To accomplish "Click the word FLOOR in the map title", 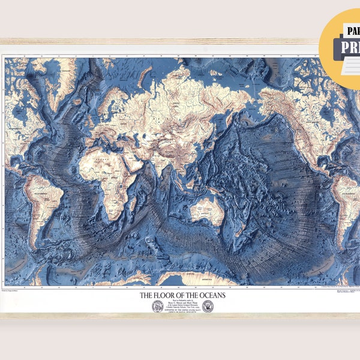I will [x=166, y=295].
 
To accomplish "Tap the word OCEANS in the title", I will [x=208, y=295].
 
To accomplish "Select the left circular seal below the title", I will [x=158, y=306].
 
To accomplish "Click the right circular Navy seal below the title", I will [x=208, y=306].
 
